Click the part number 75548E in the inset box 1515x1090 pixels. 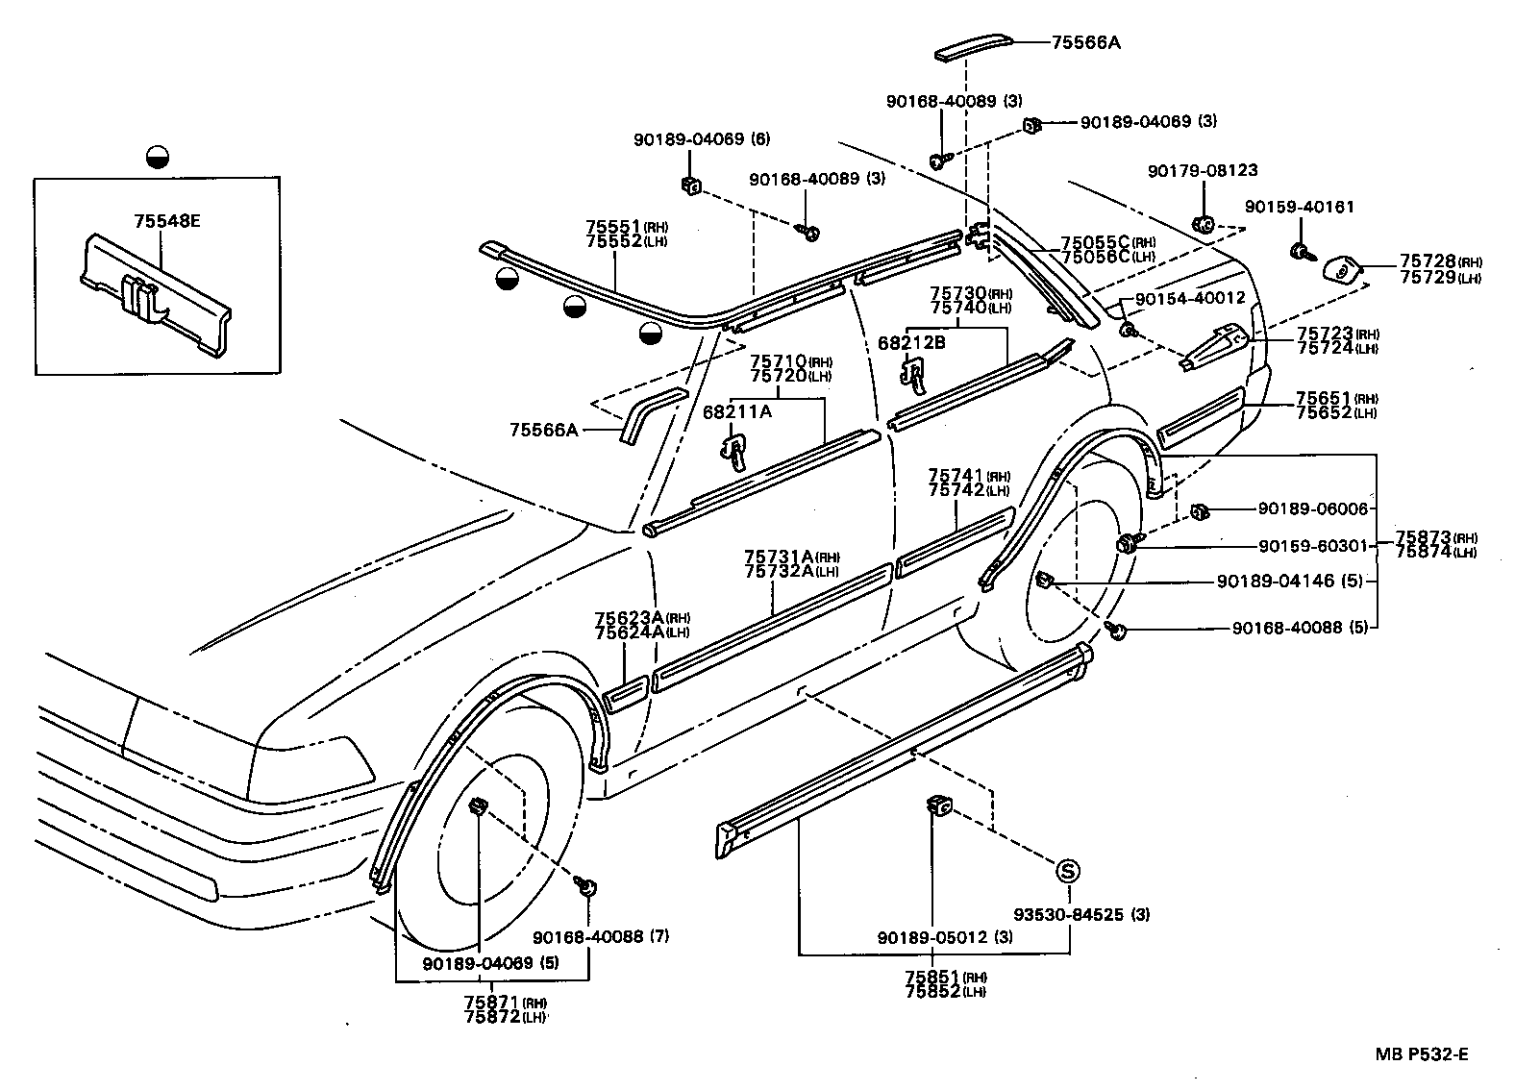pos(167,221)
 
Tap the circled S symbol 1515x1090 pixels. pos(1068,871)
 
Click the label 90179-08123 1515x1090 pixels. pos(1203,171)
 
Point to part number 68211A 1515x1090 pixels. pos(737,411)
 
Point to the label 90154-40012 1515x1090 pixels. pos(1190,298)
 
